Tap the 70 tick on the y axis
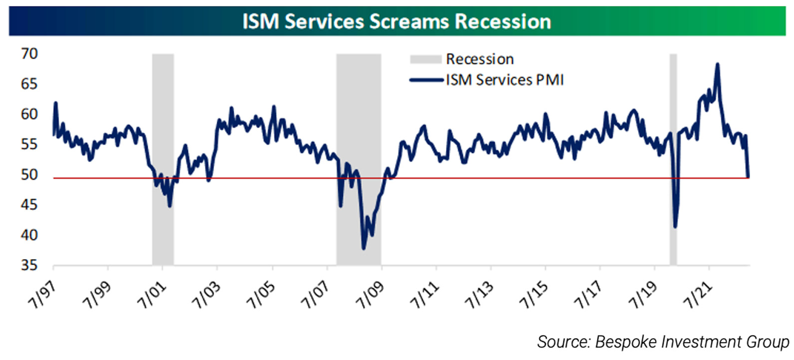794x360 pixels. click(29, 54)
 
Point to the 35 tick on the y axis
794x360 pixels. click(29, 265)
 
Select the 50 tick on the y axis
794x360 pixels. click(29, 175)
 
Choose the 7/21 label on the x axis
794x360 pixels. click(698, 295)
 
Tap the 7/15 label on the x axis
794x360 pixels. click(534, 295)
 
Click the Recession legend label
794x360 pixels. click(479, 59)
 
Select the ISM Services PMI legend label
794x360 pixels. click(504, 80)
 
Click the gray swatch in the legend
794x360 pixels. click(425, 59)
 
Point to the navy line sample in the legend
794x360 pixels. click(425, 80)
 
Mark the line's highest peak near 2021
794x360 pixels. click(718, 64)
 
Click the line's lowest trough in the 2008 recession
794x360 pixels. click(364, 248)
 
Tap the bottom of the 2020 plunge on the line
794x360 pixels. click(676, 227)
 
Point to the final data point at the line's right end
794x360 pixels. click(748, 176)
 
